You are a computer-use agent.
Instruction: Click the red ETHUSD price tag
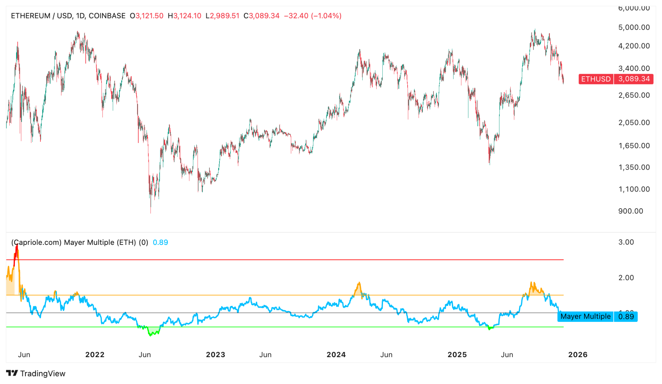(596, 79)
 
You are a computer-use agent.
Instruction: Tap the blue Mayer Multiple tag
(585, 316)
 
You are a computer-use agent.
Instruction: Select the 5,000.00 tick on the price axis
(634, 27)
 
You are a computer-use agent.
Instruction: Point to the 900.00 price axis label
(630, 211)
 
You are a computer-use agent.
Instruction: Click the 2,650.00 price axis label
(634, 95)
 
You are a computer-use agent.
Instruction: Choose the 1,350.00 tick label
(634, 168)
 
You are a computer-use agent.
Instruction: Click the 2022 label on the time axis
(95, 355)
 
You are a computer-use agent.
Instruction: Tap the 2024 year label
(336, 355)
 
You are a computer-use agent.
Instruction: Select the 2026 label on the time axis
(578, 355)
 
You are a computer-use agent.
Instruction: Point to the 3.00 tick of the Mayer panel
(626, 242)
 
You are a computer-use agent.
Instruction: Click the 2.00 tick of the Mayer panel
(626, 278)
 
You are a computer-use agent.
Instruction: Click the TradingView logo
(36, 374)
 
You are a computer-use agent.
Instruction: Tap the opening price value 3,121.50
(149, 16)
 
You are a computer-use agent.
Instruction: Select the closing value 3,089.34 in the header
(264, 16)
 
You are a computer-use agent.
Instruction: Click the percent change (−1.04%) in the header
(326, 16)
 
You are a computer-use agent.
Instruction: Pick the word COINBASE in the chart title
(107, 16)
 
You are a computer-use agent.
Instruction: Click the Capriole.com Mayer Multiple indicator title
(80, 243)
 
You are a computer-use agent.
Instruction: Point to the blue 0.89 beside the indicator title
(160, 243)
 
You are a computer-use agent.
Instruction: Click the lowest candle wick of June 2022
(151, 212)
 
